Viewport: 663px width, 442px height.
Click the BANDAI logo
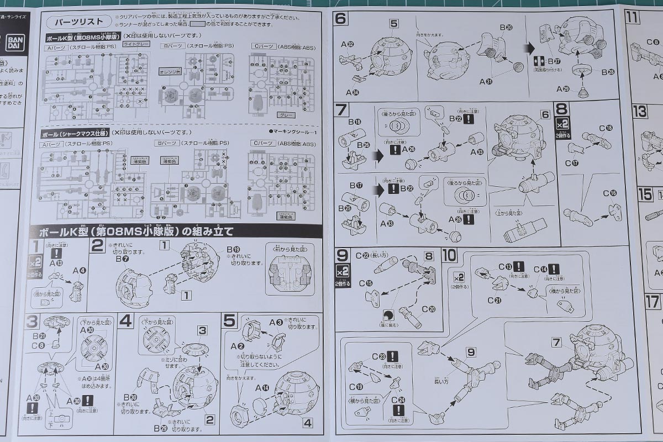pos(13,44)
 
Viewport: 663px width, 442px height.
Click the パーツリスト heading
pos(76,22)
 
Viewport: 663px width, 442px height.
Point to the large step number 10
pos(450,256)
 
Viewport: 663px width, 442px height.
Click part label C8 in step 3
pos(39,345)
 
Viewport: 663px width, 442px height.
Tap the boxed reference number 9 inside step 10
pos(470,351)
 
